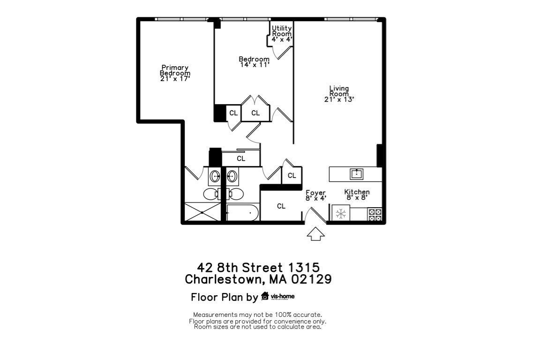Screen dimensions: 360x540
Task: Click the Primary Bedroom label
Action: (175, 70)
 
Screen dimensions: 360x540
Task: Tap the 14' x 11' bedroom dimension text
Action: (254, 65)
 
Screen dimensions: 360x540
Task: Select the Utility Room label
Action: (282, 31)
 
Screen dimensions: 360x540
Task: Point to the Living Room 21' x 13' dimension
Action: (339, 99)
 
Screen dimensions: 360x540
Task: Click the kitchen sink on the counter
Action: (356, 174)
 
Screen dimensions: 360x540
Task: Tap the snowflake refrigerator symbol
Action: (341, 214)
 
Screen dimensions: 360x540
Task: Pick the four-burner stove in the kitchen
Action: (375, 214)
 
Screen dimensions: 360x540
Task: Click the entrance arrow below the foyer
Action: (315, 233)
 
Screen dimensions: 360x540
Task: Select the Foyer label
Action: (315, 193)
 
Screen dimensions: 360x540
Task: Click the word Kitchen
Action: (357, 192)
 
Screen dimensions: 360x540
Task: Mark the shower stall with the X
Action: (202, 212)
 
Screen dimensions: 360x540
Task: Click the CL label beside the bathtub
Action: (281, 206)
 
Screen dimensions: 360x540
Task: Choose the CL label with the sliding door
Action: (241, 158)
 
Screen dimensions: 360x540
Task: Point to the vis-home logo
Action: (278, 296)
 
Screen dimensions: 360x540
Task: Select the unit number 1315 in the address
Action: (304, 268)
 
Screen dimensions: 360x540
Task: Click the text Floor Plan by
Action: (224, 297)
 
